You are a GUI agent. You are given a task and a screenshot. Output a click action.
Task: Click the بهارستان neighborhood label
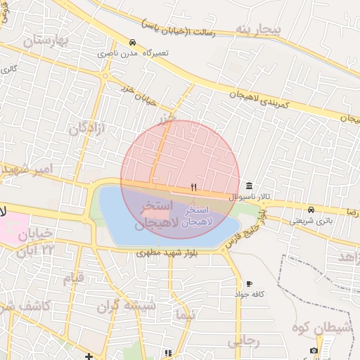[x=48, y=41]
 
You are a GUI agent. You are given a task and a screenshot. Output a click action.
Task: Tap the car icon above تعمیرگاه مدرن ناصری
[x=133, y=42]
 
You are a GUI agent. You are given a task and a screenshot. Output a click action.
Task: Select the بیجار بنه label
[x=258, y=30]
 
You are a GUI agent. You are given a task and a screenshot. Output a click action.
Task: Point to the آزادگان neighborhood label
[x=87, y=128]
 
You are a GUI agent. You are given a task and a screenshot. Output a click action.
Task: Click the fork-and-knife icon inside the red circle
[x=193, y=188]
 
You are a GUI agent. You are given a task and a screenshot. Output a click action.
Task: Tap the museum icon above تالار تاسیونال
[x=249, y=186]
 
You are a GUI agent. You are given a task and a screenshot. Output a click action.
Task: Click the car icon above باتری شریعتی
[x=311, y=210]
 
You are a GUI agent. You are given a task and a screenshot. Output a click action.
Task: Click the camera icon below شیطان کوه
[x=314, y=350]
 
